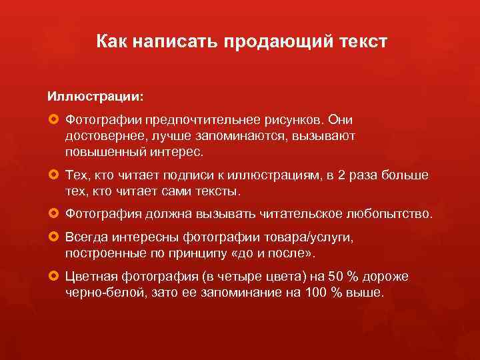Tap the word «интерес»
coord(178,151)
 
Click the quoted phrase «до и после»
coord(279,254)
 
